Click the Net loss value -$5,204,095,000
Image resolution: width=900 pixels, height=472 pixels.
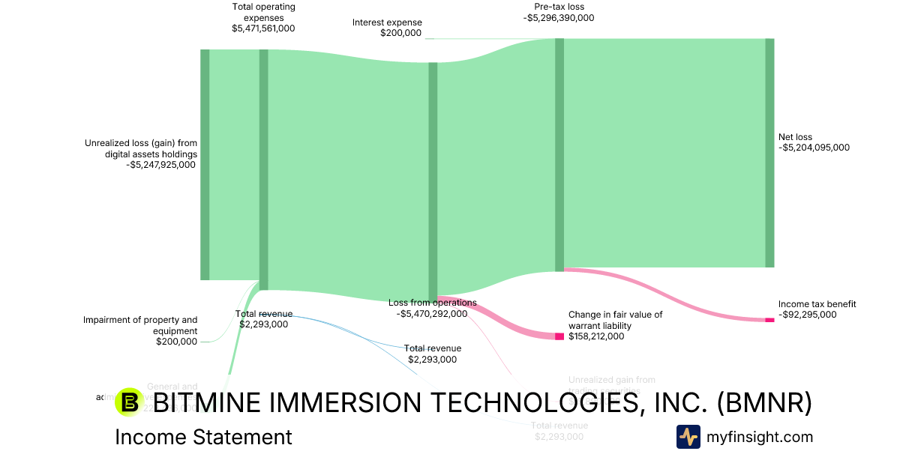(x=814, y=148)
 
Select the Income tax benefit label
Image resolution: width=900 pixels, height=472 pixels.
(x=817, y=304)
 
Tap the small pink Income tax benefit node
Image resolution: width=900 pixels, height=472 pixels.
(x=769, y=320)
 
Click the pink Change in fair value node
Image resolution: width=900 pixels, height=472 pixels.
(x=559, y=336)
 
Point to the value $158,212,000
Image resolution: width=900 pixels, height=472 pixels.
(x=596, y=337)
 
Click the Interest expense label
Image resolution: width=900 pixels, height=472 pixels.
(x=387, y=22)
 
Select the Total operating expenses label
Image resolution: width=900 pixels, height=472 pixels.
(x=263, y=12)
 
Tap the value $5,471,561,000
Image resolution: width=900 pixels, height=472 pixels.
(x=263, y=28)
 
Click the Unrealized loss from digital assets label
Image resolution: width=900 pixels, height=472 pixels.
(x=141, y=148)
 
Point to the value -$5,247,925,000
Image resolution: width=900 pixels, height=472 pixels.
(x=161, y=166)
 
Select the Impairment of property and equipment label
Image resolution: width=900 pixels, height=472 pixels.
(x=140, y=325)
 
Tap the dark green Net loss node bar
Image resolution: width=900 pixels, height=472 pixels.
(x=769, y=153)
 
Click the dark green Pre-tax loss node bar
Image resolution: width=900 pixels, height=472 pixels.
(x=559, y=155)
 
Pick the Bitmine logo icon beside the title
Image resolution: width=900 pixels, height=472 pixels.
(x=130, y=402)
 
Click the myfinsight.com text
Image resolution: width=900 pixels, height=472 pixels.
(x=759, y=437)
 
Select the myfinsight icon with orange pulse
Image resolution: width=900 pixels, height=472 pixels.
(x=688, y=437)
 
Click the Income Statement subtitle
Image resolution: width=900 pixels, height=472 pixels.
(x=203, y=437)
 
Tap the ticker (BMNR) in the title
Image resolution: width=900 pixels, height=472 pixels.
(x=764, y=403)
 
